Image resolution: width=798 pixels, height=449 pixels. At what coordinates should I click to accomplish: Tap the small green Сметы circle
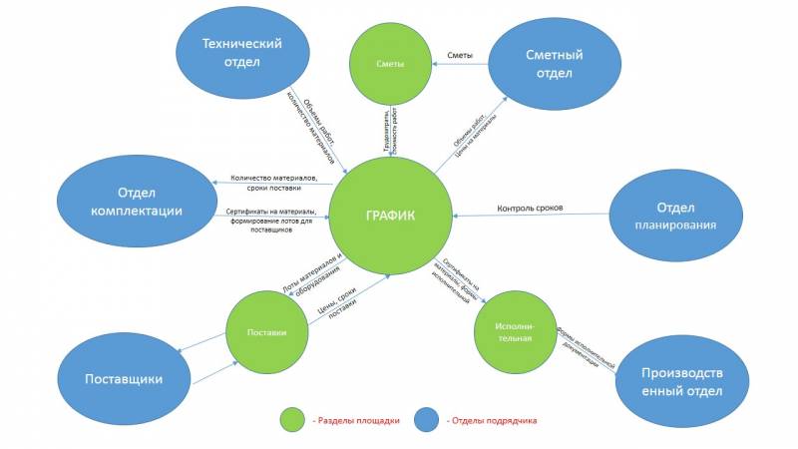coord(390,65)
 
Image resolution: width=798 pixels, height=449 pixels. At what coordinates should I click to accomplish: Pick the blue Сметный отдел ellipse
coord(553,64)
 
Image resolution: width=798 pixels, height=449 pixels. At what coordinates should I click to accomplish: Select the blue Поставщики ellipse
coord(124,378)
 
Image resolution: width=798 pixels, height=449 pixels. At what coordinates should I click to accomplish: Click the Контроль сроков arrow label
coord(530,208)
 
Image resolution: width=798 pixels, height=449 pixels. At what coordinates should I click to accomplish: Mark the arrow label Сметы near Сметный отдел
coord(460,56)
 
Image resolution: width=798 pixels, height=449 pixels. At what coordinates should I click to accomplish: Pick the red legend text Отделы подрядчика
coord(493,421)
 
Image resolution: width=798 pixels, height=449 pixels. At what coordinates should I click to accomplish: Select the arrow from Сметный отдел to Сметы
coord(460,65)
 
